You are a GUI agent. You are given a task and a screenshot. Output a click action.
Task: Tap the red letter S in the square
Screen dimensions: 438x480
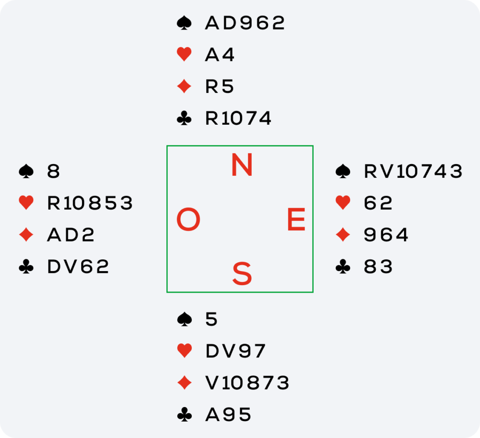click(x=242, y=274)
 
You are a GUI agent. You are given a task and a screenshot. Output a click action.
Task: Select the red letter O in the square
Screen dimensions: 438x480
click(x=188, y=220)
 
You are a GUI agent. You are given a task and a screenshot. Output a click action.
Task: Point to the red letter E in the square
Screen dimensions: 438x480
click(x=296, y=220)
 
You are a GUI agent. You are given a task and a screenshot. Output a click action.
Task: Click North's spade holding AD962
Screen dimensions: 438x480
click(x=245, y=23)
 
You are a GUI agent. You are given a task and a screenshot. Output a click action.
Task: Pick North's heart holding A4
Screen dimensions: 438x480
click(x=220, y=55)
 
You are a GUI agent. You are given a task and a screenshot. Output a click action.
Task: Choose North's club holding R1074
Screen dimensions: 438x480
click(x=238, y=119)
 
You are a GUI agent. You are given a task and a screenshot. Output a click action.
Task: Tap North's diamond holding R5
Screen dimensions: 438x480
click(x=219, y=87)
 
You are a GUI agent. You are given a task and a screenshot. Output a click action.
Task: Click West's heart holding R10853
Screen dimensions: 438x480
click(x=90, y=203)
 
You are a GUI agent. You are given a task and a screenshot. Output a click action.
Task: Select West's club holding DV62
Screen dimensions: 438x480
click(x=78, y=267)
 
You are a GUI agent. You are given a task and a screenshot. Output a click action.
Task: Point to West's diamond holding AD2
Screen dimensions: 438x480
click(x=71, y=235)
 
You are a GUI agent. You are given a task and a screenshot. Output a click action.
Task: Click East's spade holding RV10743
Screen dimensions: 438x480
click(x=413, y=172)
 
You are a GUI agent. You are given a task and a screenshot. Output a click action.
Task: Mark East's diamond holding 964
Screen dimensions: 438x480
click(x=386, y=235)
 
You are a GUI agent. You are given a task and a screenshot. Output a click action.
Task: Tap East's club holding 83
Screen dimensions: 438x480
click(x=378, y=267)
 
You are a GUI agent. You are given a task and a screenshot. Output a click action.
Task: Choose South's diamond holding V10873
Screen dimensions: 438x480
click(x=247, y=383)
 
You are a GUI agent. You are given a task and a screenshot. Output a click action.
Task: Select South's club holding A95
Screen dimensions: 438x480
click(x=228, y=415)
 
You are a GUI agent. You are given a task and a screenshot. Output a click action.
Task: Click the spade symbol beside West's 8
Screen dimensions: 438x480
click(x=26, y=172)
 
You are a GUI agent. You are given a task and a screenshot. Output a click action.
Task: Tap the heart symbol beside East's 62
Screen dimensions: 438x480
click(x=343, y=203)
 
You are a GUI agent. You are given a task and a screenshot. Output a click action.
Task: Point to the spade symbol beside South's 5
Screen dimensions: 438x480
click(x=184, y=319)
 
